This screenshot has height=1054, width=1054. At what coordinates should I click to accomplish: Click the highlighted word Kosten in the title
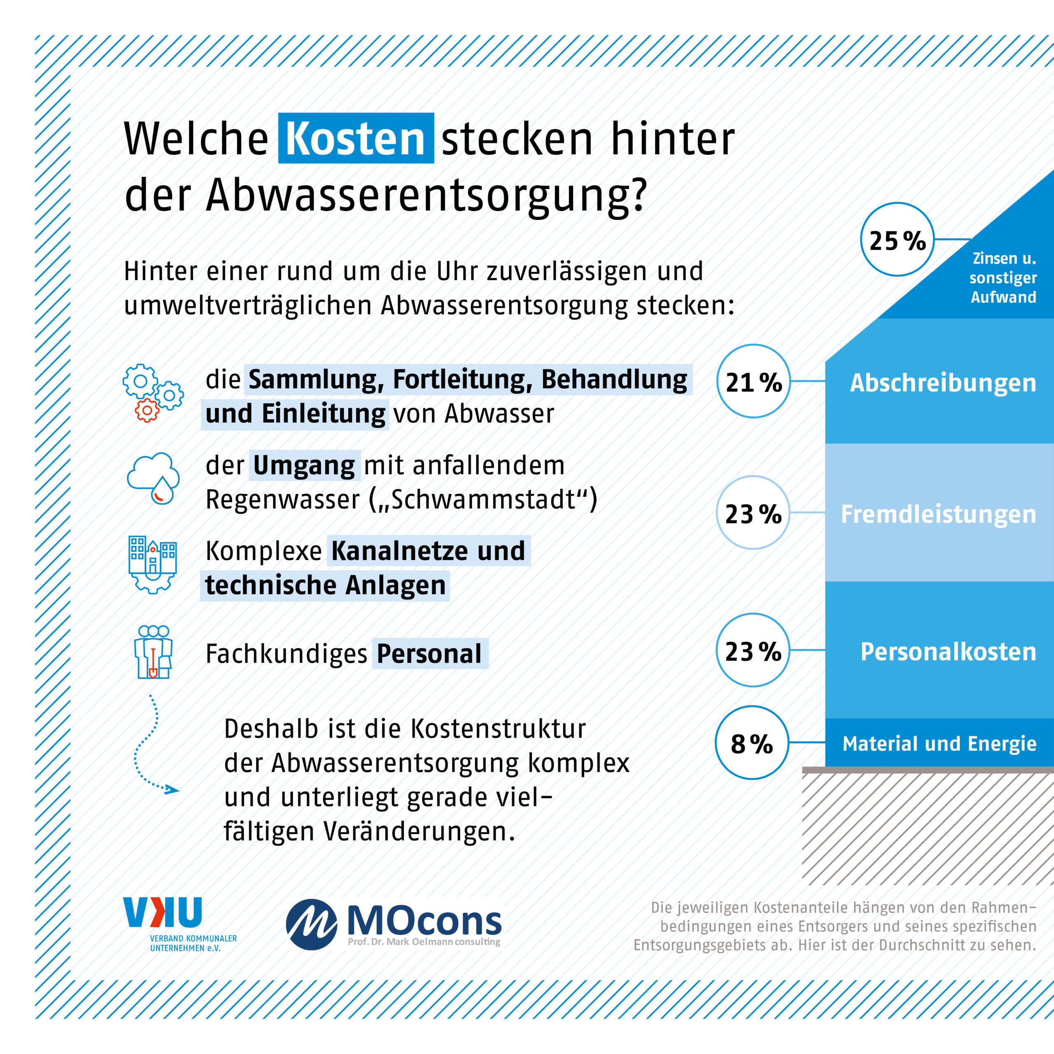356,139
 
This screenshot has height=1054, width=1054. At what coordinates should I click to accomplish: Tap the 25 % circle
897,240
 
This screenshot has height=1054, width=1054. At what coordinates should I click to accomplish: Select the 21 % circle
753,381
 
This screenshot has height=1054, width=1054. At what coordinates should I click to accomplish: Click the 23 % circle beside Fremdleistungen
753,513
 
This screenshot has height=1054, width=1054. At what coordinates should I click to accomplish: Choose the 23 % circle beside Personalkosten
753,650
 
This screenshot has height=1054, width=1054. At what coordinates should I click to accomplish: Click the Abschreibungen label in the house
943,382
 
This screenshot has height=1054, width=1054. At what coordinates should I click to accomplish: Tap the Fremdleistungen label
938,514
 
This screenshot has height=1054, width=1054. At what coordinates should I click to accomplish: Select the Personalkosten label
948,651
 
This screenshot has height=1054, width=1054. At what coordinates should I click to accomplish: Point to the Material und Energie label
939,743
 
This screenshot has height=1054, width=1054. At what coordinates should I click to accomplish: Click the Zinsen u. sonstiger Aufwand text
1003,277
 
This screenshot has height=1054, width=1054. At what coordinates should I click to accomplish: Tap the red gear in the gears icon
147,410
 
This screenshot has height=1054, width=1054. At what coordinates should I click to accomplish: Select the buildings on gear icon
153,564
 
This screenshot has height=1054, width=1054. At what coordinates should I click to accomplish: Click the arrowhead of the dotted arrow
173,789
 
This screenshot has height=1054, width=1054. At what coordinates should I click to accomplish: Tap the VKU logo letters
163,912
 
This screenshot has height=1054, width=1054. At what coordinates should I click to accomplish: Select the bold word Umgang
304,465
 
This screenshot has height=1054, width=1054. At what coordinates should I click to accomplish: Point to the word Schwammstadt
483,499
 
